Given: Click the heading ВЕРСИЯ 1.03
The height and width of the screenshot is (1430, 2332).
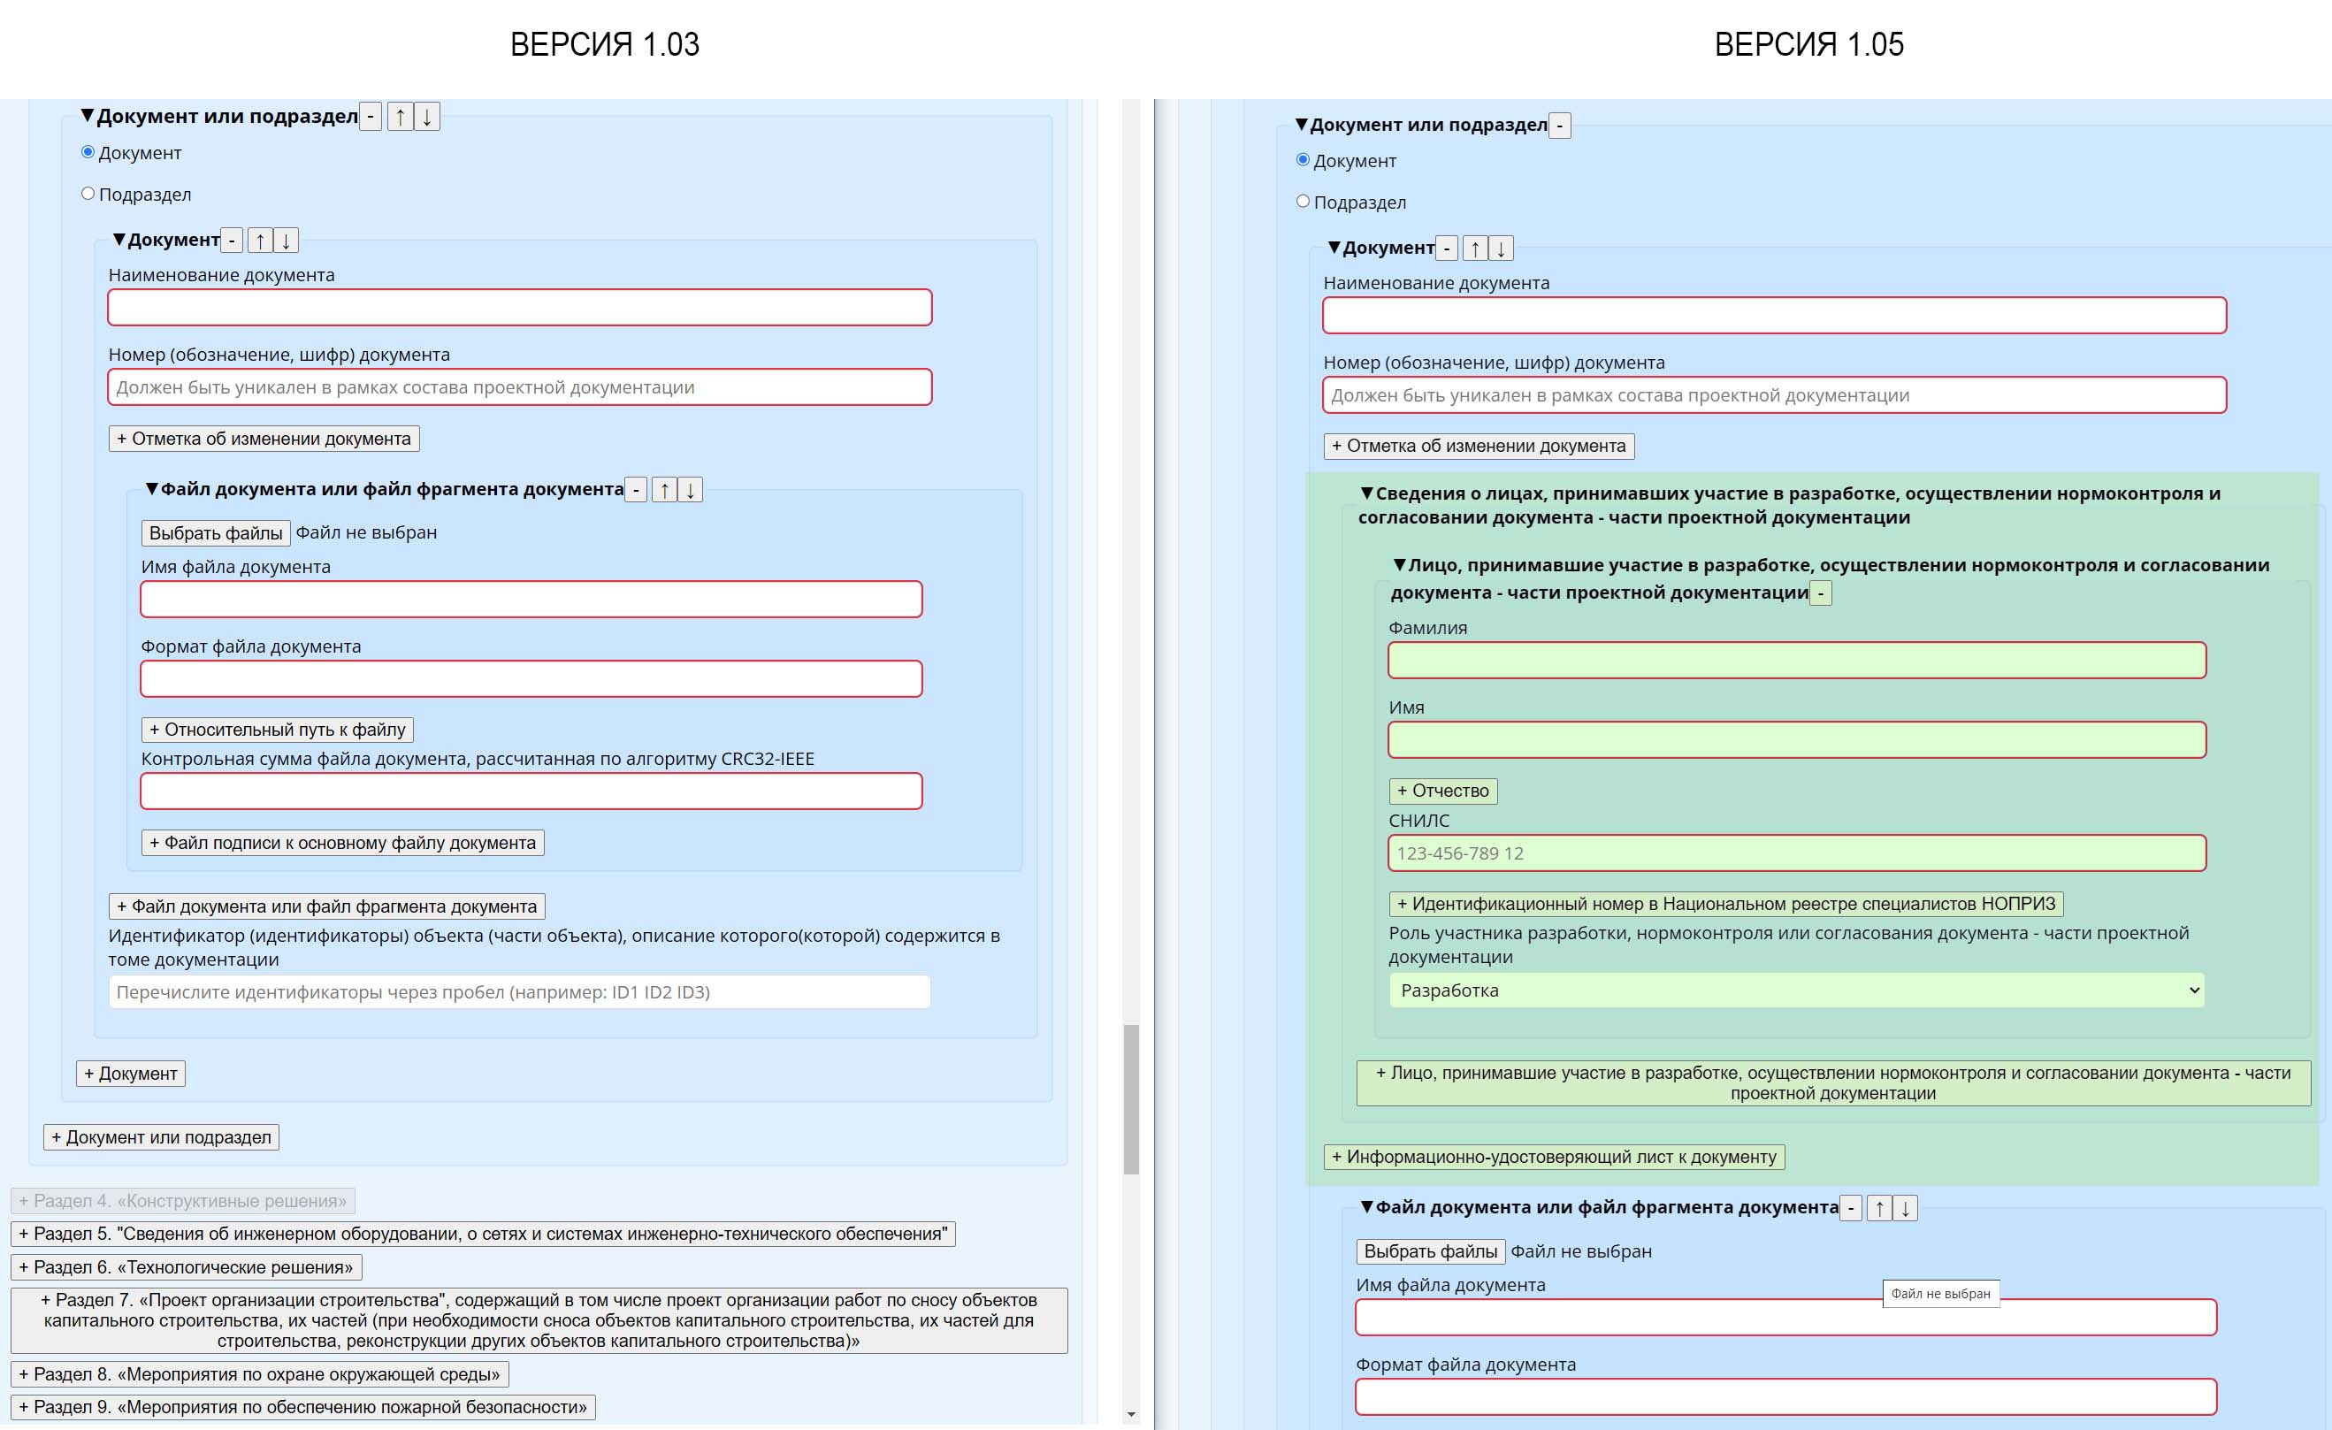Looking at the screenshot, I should (604, 44).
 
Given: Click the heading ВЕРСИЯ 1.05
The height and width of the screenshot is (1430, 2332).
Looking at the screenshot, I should (1808, 44).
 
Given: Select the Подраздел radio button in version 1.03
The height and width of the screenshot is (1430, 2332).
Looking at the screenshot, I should (88, 194).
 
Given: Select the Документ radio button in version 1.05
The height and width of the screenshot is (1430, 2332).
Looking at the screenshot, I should (1304, 160).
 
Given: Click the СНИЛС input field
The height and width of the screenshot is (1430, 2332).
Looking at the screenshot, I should (1796, 853).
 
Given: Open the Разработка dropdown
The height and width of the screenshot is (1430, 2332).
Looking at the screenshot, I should (1796, 990).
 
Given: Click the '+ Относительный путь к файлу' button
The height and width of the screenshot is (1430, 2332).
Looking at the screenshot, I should (278, 730).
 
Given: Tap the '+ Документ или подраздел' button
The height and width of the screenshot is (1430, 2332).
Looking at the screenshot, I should (161, 1136).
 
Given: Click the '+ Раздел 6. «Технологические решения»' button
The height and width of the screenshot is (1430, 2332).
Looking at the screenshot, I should (187, 1266).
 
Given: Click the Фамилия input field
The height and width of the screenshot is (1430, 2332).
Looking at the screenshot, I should (1796, 661).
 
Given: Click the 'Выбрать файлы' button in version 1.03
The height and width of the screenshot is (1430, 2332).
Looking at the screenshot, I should (216, 532).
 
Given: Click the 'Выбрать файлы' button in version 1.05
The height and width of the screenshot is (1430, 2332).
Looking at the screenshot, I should (1430, 1251).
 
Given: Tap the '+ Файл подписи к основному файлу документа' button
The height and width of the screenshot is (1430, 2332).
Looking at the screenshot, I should (342, 842).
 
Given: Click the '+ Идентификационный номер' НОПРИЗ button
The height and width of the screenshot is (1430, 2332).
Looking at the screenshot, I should (1725, 904).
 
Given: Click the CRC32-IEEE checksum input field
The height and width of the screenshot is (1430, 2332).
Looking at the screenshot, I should (531, 791).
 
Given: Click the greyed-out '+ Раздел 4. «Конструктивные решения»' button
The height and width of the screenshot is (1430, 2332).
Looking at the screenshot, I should (183, 1201).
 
